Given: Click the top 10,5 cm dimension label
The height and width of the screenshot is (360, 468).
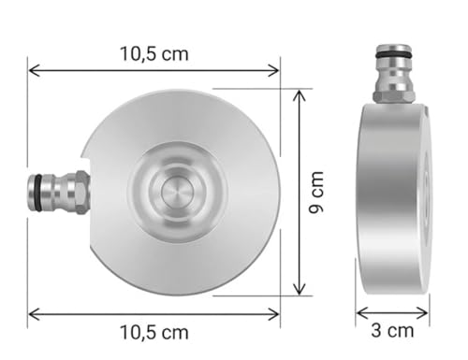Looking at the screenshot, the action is [154, 54].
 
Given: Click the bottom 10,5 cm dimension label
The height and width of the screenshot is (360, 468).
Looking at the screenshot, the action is [154, 332].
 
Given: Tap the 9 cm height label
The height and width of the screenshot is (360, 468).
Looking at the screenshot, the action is [315, 193].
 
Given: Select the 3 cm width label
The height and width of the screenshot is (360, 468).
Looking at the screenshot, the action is [392, 330].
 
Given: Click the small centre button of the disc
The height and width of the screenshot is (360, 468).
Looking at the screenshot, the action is [177, 192].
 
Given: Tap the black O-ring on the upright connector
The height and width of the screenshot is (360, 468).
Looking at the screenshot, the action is [394, 55].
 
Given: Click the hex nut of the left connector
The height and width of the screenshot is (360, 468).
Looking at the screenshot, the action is [82, 193].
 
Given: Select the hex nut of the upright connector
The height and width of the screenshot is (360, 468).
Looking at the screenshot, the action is [394, 96].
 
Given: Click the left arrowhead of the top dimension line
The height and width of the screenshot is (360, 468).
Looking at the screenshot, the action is [34, 70].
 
